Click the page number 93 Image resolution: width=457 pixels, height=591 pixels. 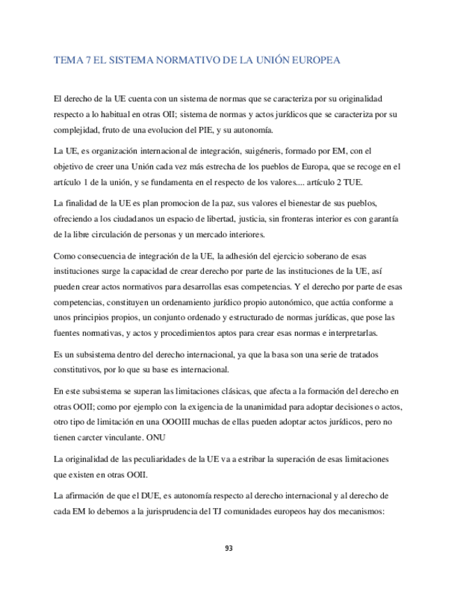pyautogui.click(x=229, y=548)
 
